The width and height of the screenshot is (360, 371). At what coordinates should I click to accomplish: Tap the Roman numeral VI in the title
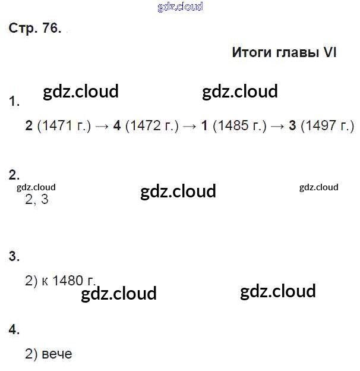(x=330, y=52)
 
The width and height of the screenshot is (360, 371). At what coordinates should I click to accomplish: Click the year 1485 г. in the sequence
(x=240, y=126)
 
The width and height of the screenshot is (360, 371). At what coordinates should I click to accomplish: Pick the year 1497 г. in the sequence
(x=327, y=126)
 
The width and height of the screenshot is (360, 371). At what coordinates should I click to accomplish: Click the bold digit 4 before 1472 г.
(x=116, y=126)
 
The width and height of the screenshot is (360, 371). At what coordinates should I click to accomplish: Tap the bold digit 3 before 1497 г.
(x=292, y=126)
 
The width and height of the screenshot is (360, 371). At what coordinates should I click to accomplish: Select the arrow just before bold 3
(x=277, y=126)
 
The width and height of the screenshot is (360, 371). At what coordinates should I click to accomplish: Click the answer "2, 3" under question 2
(x=37, y=200)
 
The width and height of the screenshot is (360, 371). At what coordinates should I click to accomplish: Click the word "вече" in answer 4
(x=57, y=354)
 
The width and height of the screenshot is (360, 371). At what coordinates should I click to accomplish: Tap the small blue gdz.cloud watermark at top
(x=180, y=7)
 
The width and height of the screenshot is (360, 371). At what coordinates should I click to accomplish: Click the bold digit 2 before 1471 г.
(x=29, y=126)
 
